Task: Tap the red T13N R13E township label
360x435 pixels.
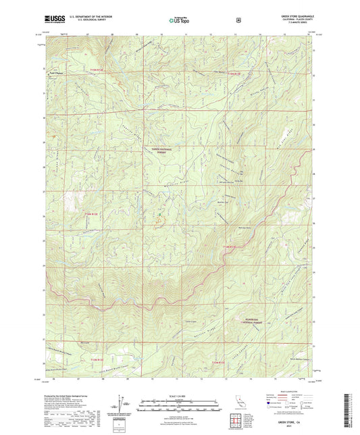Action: [214, 365]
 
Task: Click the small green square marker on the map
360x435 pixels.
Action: [160, 215]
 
